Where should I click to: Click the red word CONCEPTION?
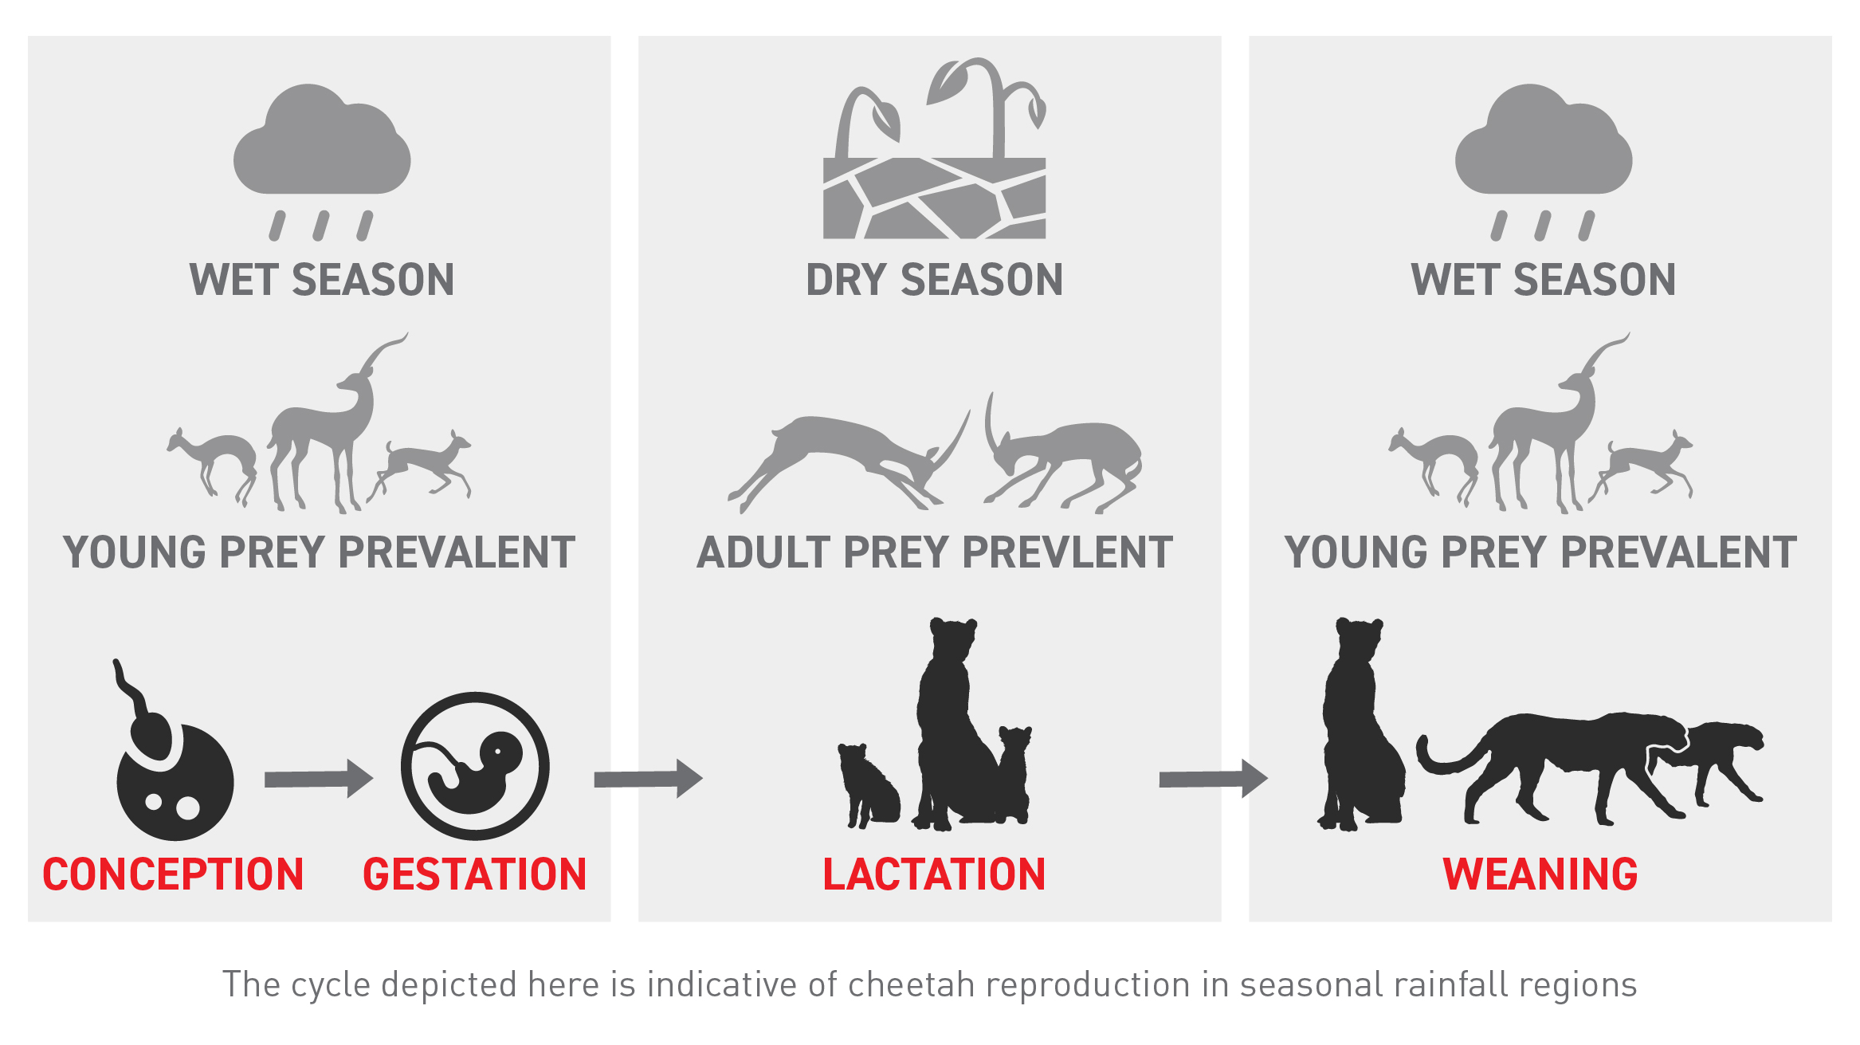173,874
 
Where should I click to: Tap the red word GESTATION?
475,874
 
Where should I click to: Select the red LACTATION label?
934,874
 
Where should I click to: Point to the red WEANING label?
1540,874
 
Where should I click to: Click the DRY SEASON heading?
934,280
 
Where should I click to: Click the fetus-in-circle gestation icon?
475,766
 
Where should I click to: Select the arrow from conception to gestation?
318,779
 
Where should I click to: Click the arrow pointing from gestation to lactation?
648,779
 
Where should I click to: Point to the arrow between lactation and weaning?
1213,779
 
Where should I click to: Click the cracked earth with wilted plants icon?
934,159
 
